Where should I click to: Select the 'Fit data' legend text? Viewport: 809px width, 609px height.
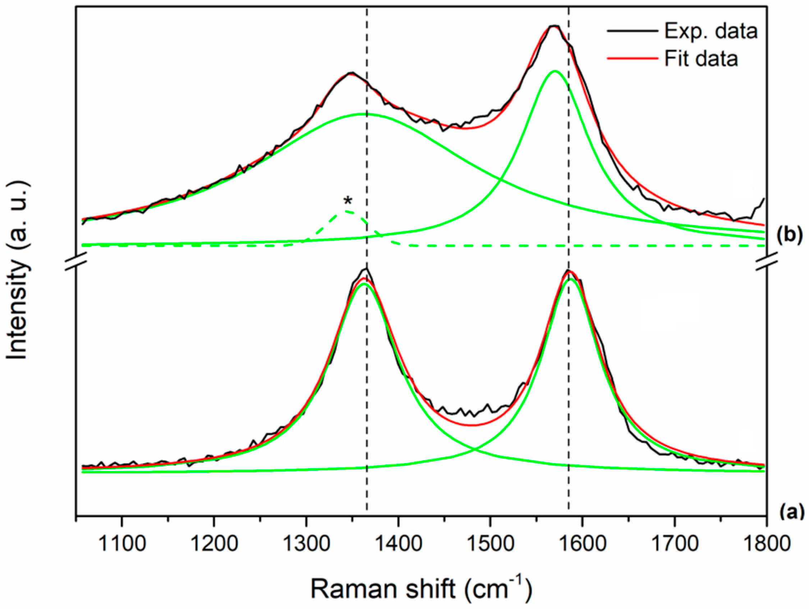pos(701,59)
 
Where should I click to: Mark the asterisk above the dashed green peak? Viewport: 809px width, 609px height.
pos(348,201)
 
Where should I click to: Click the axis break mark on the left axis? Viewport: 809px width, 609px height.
pos(76,264)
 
